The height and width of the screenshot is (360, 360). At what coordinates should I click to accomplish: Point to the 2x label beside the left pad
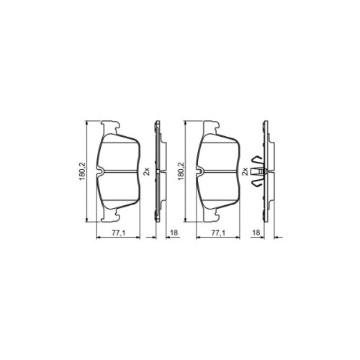147,171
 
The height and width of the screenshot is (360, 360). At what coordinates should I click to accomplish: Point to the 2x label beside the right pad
245,171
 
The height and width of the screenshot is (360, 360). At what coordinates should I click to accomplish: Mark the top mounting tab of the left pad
110,125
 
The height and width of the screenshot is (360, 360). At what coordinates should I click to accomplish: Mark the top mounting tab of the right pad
209,125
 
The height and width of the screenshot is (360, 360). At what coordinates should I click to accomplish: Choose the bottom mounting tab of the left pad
110,218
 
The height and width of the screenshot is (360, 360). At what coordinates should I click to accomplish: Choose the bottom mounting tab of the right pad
209,218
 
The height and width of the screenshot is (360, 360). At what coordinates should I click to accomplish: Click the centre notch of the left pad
101,171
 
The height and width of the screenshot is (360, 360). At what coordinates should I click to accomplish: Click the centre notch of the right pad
199,171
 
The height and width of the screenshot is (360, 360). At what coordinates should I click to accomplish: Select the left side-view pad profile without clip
158,171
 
